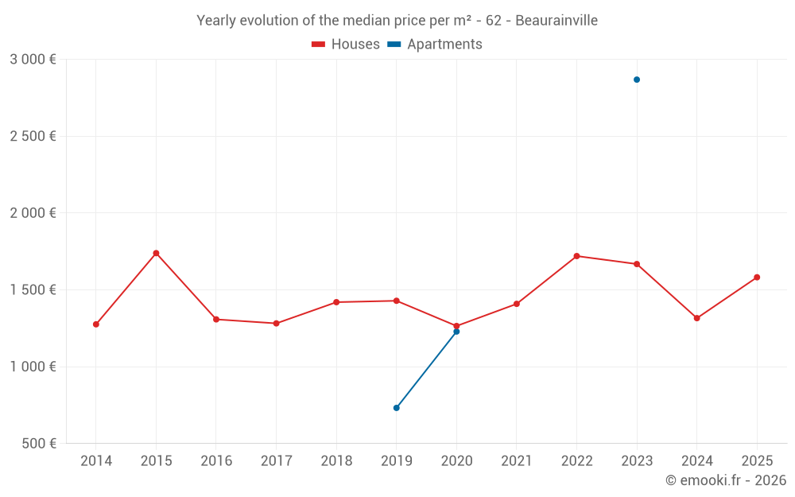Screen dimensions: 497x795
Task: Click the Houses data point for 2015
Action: coord(156,253)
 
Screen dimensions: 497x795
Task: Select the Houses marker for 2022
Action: coord(576,256)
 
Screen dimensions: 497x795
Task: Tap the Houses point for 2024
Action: coord(696,318)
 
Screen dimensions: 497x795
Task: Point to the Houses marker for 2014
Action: coord(96,324)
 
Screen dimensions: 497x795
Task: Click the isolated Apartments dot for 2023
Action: coord(637,80)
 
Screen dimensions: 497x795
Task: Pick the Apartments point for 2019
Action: coord(396,408)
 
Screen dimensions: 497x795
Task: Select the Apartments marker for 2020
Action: coord(456,332)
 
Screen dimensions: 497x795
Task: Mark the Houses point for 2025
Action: coord(757,278)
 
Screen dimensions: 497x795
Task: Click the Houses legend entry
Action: coord(347,45)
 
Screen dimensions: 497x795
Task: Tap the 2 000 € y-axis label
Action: coord(33,213)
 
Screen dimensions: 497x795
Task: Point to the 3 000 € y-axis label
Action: coord(33,60)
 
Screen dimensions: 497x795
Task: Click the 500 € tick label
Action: coord(38,444)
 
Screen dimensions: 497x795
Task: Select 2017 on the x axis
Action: coord(276,461)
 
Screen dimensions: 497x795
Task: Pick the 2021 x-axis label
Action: coord(517,461)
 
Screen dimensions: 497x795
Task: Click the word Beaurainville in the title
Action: coord(556,21)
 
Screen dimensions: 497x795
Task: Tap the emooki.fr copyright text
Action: coord(726,480)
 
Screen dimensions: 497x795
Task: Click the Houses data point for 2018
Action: coord(336,302)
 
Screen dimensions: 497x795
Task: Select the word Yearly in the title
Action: coord(217,21)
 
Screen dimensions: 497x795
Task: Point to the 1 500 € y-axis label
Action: coord(33,290)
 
